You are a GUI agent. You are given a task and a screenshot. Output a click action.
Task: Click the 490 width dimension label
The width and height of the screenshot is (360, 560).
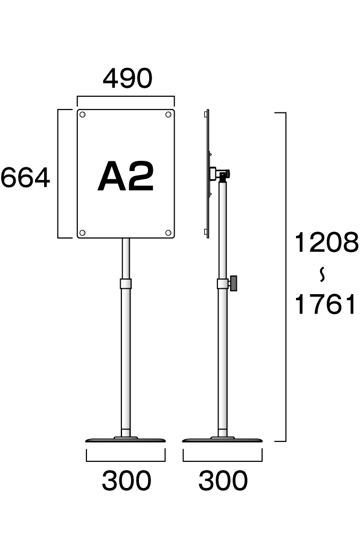[x=128, y=79]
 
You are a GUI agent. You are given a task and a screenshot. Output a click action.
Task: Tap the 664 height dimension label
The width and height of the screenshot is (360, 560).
[x=25, y=178]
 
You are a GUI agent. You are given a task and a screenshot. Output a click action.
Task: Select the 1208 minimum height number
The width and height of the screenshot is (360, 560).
[x=326, y=242]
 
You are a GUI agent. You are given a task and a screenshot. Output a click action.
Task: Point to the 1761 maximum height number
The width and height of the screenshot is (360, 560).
[x=325, y=304]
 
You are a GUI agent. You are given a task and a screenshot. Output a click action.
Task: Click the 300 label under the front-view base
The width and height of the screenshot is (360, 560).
[x=126, y=481]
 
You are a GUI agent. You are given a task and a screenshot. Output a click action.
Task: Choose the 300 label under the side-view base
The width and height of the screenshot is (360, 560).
[x=223, y=481]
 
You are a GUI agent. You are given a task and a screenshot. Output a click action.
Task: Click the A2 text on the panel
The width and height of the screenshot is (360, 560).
[x=126, y=176]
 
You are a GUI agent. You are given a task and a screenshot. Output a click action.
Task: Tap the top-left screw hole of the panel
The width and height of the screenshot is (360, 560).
[x=82, y=114]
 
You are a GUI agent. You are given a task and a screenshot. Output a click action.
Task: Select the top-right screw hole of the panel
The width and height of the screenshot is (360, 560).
[x=168, y=114]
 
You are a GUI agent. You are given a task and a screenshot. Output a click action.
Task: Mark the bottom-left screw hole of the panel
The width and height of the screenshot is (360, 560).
[x=82, y=233]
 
